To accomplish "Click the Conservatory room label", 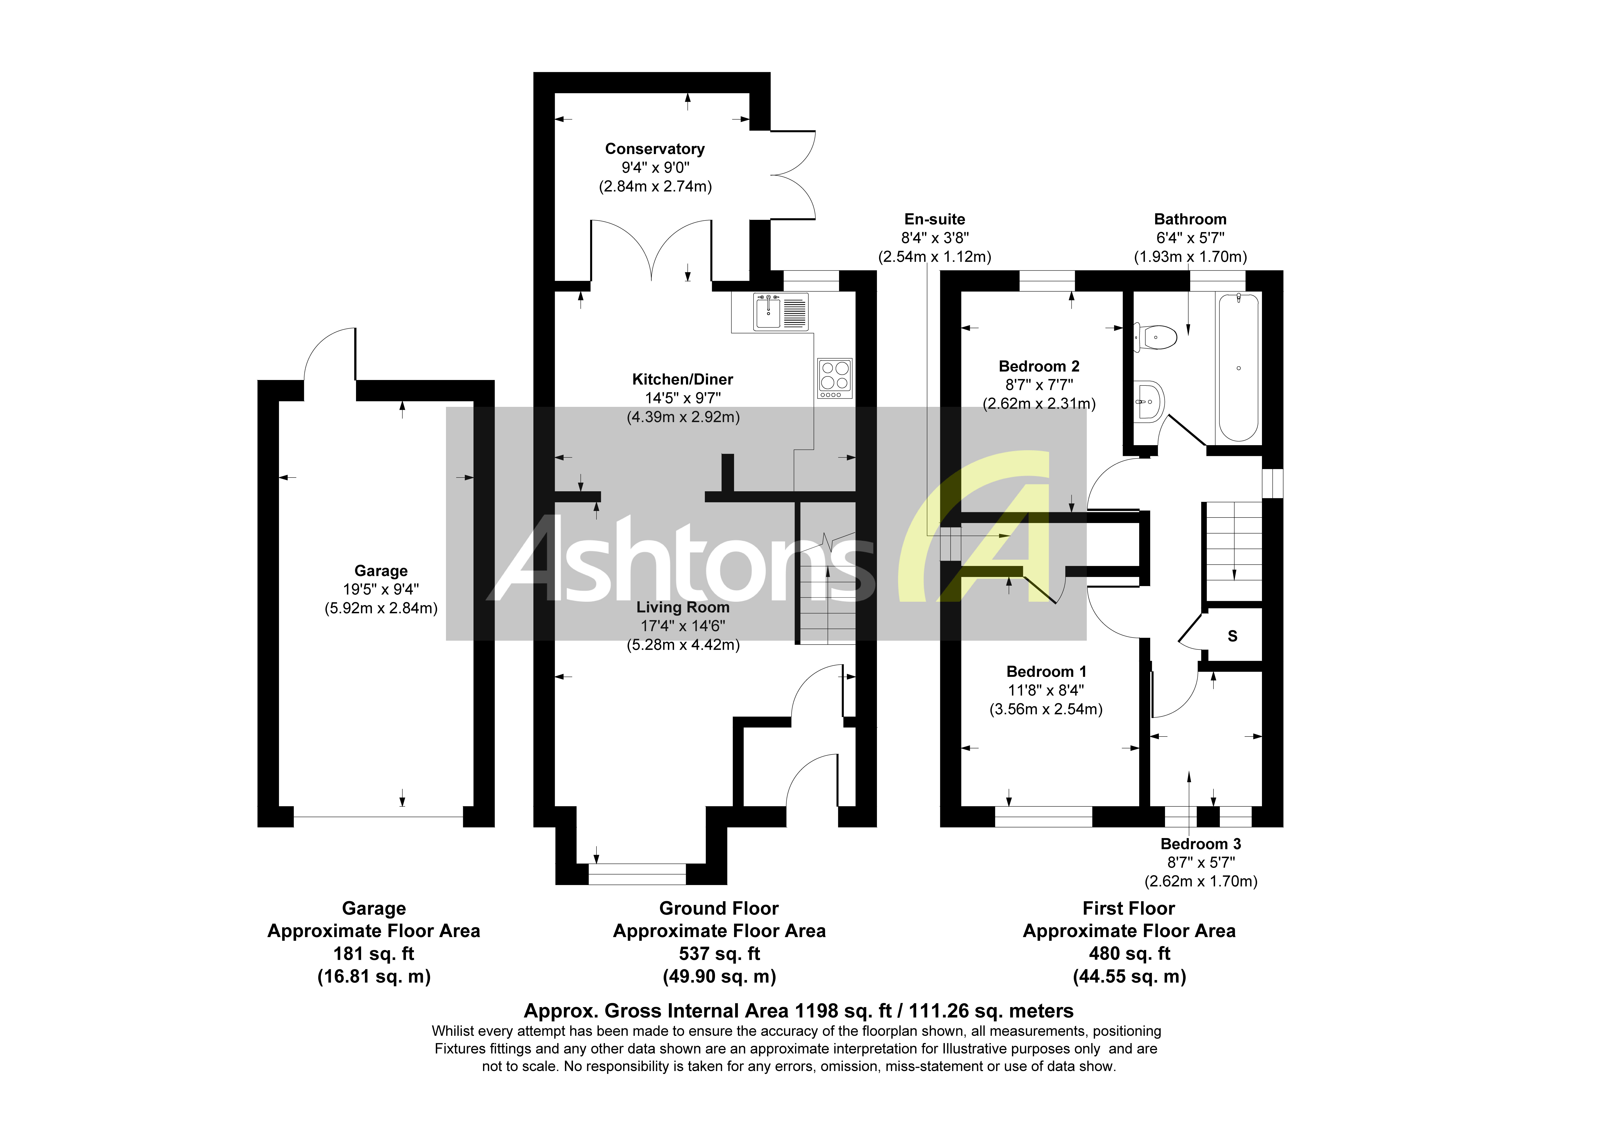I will (x=655, y=149).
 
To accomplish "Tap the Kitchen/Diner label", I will (x=683, y=379).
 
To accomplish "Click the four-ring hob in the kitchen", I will (x=835, y=378).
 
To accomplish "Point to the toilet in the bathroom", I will (x=1156, y=337).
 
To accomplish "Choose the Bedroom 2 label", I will (x=1039, y=366).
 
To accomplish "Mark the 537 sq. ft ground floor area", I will (x=719, y=954).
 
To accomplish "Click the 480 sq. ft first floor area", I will (x=1129, y=954).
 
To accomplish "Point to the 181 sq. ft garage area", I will (x=374, y=954).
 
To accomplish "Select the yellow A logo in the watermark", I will (x=992, y=531).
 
